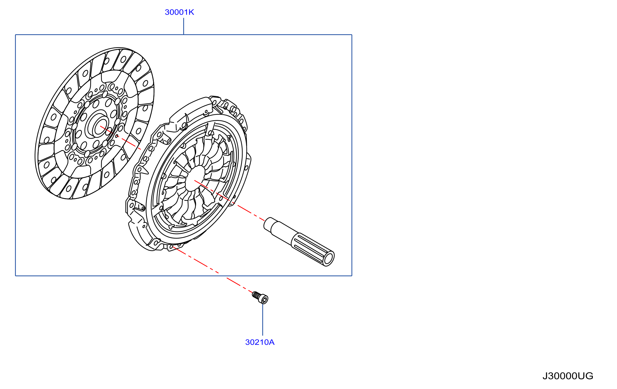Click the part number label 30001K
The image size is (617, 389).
(179, 12)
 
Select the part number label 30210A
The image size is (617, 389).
(260, 342)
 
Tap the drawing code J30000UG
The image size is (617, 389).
(568, 376)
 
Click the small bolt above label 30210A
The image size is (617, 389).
(260, 298)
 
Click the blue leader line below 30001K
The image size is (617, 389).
(184, 26)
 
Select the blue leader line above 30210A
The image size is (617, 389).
(263, 320)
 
